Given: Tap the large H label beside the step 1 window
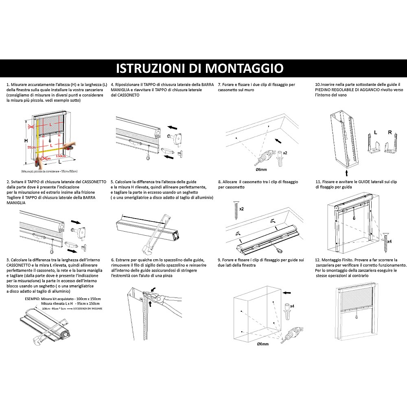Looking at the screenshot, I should coord(26,140).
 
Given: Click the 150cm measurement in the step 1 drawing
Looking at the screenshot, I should coord(61,156).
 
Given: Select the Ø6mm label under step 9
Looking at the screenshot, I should coord(263,344).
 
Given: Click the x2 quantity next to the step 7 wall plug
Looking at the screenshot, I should coord(286,153).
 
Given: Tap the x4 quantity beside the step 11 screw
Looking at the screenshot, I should coord(389,241).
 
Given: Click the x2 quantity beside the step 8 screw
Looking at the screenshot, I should coord(241,209).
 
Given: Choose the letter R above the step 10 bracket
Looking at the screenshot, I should coord(390,133).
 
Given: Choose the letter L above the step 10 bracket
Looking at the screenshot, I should coord(375,133).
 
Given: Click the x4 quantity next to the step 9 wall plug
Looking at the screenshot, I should coord(292,305).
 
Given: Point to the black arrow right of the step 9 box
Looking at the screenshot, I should coord(287,292).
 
